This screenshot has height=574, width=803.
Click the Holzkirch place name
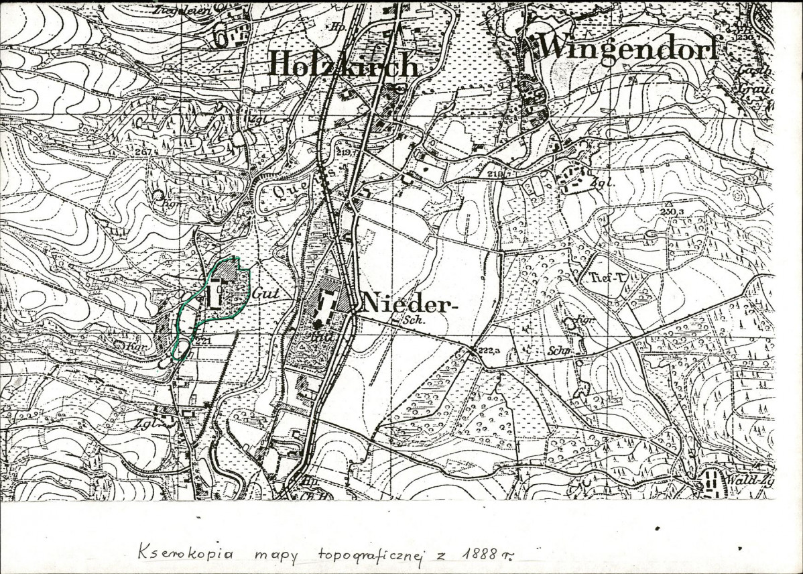point(343,64)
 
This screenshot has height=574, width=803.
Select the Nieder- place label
point(404,304)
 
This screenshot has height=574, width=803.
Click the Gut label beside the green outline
point(265,294)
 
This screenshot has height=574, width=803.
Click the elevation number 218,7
point(495,174)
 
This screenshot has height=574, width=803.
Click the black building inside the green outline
point(215,295)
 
